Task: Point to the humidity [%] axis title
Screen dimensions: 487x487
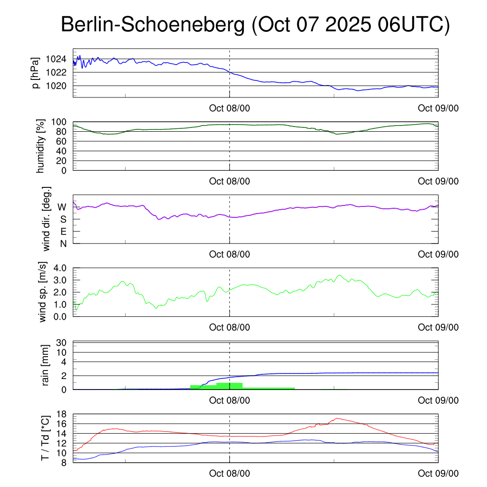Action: point(40,146)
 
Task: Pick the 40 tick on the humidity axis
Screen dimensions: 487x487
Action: point(62,151)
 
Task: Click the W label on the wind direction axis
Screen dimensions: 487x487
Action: point(62,207)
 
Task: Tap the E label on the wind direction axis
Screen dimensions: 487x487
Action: point(63,232)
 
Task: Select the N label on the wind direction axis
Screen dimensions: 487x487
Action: point(63,243)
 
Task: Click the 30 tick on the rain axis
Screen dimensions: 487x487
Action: point(62,342)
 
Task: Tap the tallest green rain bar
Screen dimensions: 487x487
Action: point(229,386)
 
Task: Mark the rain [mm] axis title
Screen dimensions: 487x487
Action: point(46,365)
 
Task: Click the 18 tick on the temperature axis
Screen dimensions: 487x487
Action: point(62,414)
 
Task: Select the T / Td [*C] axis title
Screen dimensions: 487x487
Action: point(45,438)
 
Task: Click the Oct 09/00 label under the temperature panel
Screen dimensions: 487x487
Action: point(438,473)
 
